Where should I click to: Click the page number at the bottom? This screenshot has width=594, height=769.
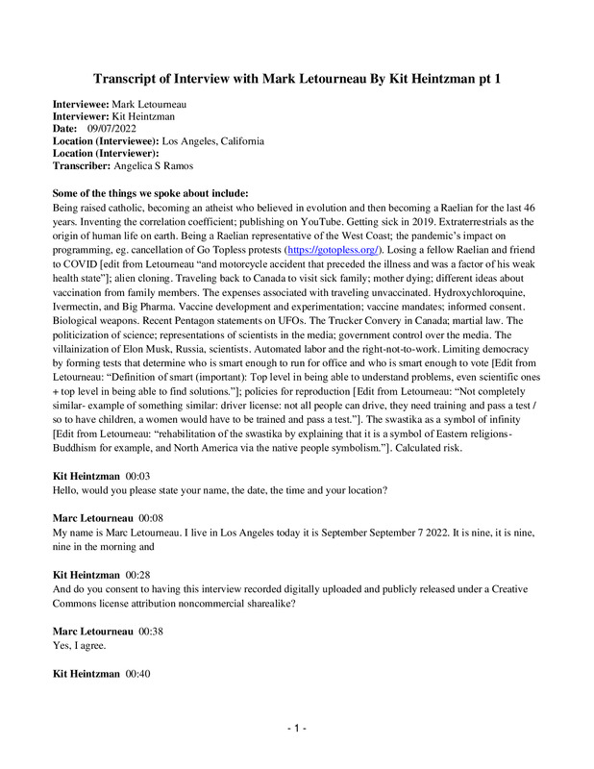point(297,730)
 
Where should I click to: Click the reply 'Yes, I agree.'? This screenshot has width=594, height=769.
point(80,647)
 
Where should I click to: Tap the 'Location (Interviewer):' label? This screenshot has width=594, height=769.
point(106,153)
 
